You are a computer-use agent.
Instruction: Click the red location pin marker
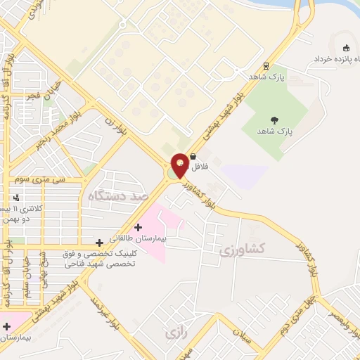180,165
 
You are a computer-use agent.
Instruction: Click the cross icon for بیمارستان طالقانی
138,227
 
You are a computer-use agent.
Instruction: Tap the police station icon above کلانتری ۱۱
15,198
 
